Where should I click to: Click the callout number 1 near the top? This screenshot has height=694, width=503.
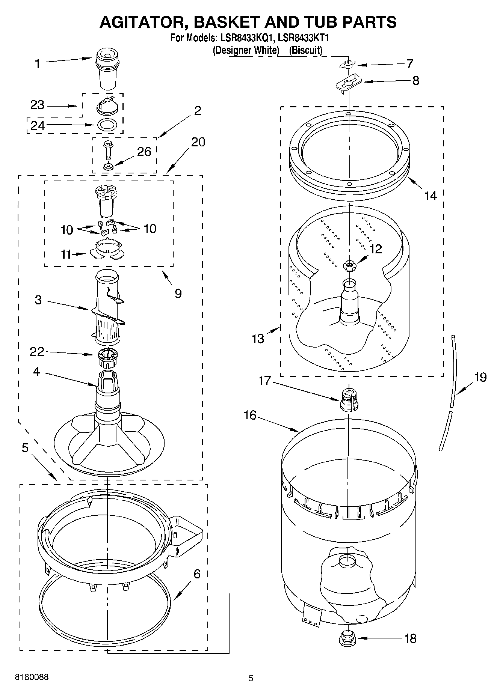pyautogui.click(x=37, y=64)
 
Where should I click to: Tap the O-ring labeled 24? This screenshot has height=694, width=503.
pyautogui.click(x=106, y=124)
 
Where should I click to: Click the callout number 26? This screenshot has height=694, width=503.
pyautogui.click(x=144, y=152)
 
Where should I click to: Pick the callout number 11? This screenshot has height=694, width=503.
pyautogui.click(x=66, y=254)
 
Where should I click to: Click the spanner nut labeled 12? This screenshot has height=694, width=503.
pyautogui.click(x=349, y=265)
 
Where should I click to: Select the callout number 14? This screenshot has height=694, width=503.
pyautogui.click(x=430, y=195)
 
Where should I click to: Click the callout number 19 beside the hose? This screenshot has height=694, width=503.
pyautogui.click(x=480, y=377)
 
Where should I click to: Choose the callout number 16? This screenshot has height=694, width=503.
pyautogui.click(x=250, y=415)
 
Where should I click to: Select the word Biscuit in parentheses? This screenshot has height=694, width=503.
pyautogui.click(x=306, y=50)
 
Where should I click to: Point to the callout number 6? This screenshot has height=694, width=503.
pyautogui.click(x=196, y=574)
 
